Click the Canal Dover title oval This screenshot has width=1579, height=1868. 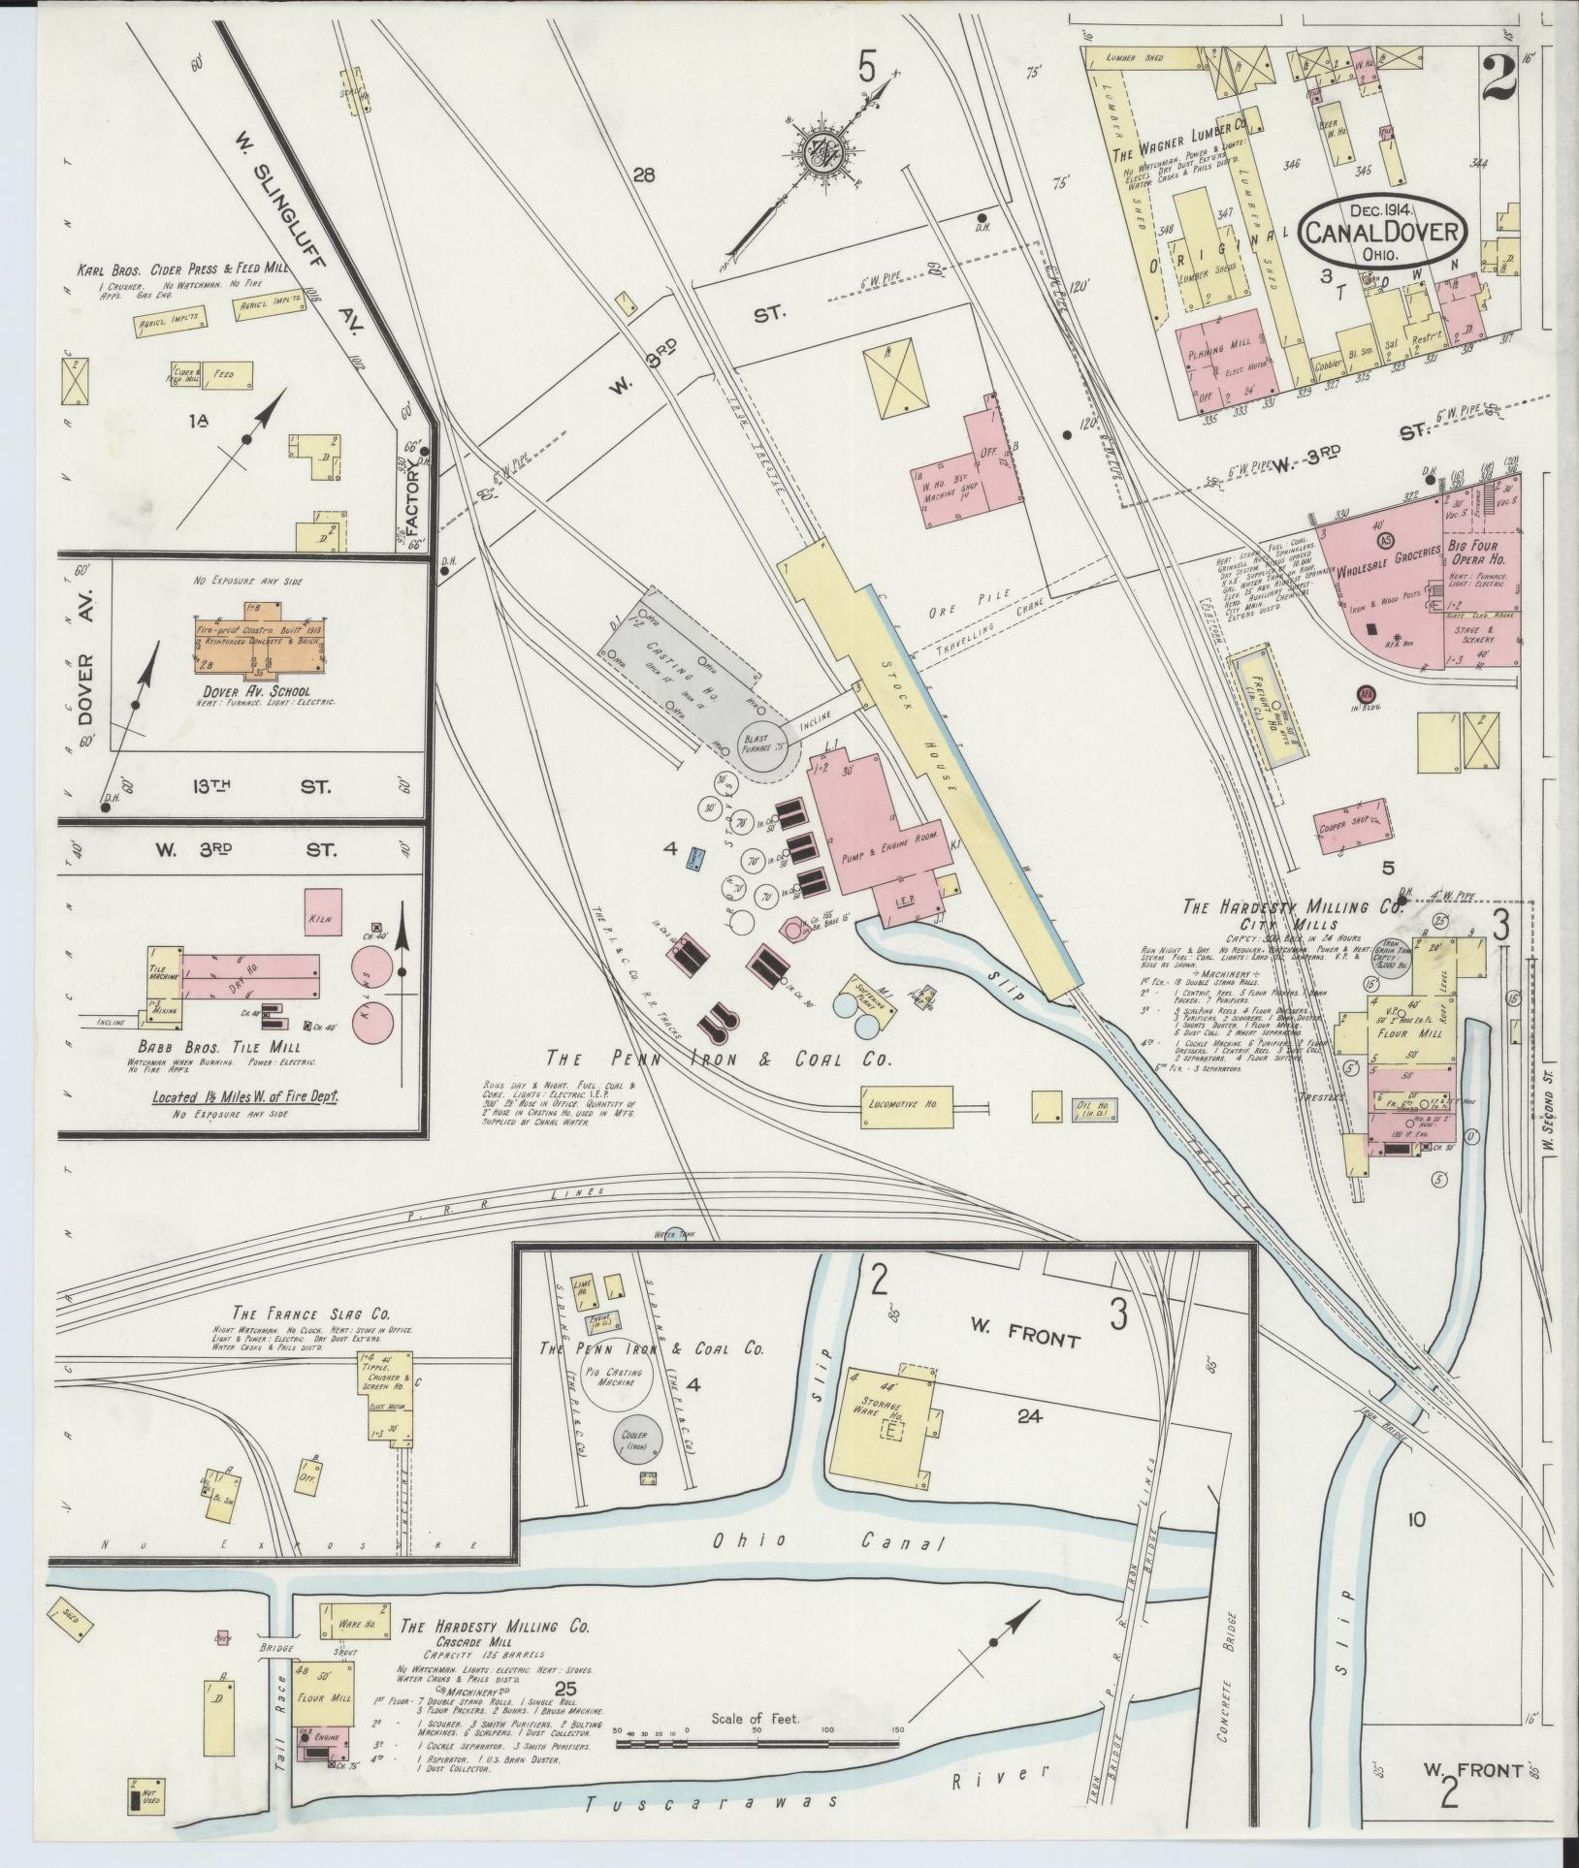[x=1383, y=232]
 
